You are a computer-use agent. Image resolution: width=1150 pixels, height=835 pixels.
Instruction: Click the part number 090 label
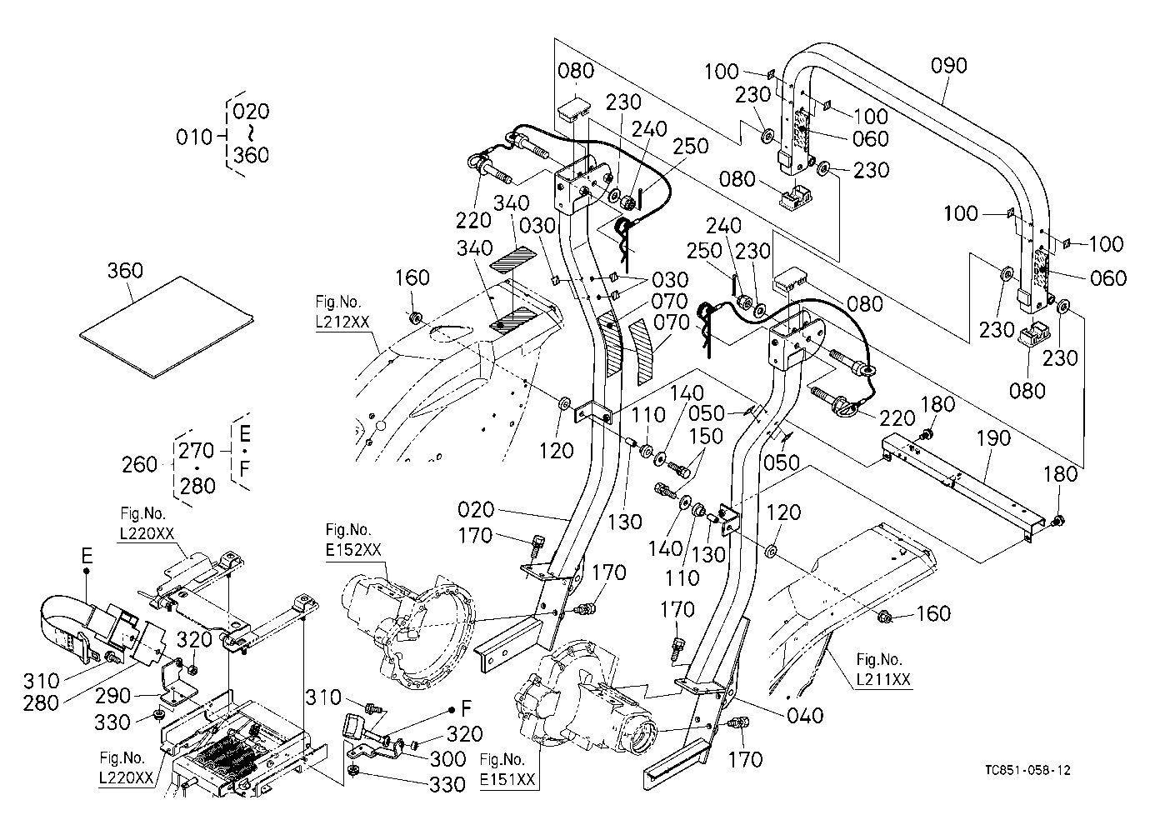(948, 66)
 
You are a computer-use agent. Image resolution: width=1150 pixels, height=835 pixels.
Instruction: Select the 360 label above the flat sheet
(125, 270)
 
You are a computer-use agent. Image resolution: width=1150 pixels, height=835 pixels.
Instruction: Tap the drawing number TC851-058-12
(1027, 770)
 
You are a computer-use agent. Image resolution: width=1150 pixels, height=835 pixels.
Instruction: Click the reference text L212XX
(342, 322)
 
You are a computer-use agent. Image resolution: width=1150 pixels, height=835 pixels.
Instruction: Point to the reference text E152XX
(353, 551)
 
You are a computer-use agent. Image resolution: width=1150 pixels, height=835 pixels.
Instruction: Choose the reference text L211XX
(883, 680)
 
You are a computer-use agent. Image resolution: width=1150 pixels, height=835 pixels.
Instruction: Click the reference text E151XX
(507, 779)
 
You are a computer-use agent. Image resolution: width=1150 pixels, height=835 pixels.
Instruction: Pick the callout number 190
(993, 438)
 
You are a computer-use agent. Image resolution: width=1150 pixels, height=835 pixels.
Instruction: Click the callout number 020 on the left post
(475, 510)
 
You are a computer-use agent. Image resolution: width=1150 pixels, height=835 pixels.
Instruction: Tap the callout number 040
(805, 715)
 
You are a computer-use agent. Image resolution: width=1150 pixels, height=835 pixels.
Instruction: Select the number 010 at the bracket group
(193, 137)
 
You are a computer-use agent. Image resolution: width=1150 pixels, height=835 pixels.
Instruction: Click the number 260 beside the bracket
(139, 464)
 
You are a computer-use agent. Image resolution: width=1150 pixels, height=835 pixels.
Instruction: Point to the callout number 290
(112, 696)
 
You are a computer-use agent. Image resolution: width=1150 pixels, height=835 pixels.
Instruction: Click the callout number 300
(447, 759)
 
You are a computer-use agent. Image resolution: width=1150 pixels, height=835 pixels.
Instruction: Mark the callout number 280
(41, 703)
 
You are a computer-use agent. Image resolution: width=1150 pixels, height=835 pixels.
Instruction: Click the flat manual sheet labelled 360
(167, 328)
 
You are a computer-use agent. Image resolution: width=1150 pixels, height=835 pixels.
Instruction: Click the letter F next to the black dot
(466, 709)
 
